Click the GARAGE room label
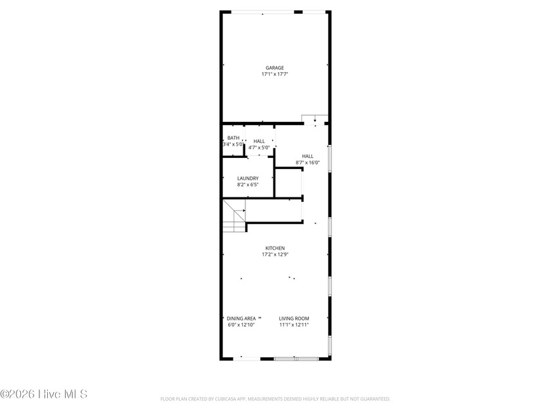[275, 68]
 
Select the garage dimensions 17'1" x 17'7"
[275, 74]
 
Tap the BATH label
[234, 138]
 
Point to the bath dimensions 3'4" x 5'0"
[234, 144]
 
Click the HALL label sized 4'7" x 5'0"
[259, 141]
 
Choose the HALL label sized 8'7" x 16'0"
[308, 156]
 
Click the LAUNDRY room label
[248, 178]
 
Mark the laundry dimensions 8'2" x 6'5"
[248, 185]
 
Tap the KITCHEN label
[275, 248]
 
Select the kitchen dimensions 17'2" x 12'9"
[275, 254]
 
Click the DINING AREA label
[241, 318]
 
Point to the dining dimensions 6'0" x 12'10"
[241, 324]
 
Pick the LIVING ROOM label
[294, 318]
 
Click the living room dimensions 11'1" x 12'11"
[294, 324]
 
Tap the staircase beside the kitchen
[234, 217]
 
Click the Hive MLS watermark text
[43, 394]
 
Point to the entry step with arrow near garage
[315, 119]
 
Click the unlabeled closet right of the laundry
[287, 183]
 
